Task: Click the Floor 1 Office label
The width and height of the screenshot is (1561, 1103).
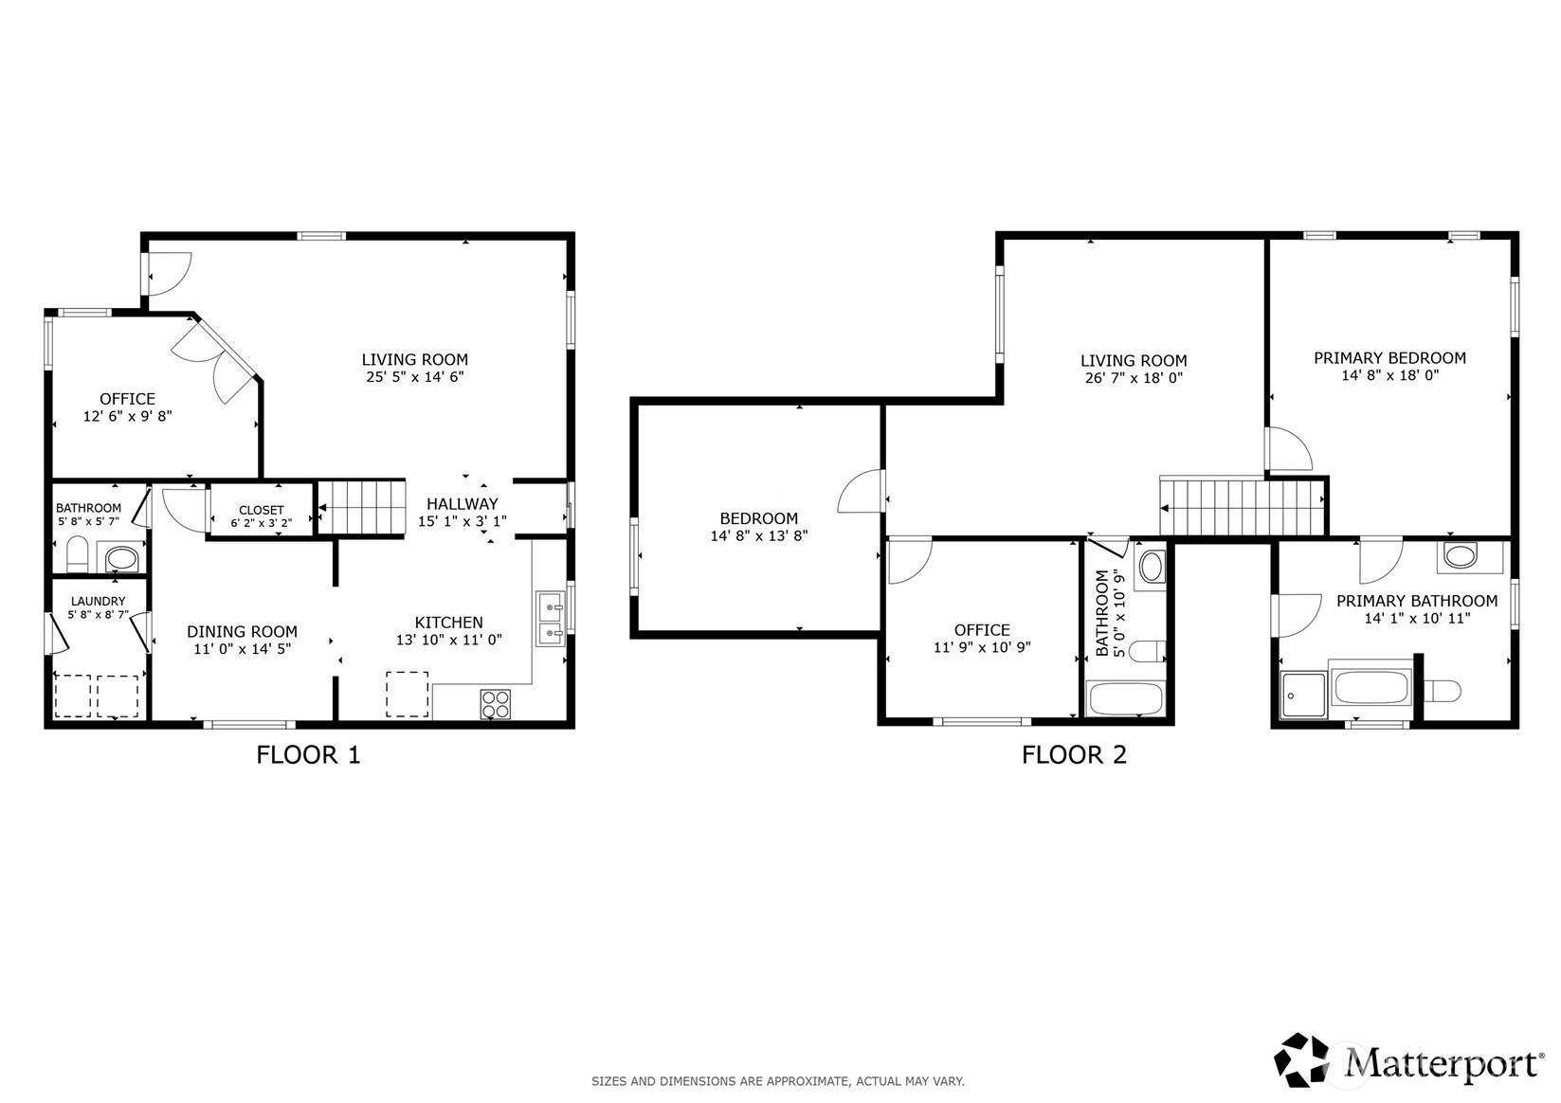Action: point(128,399)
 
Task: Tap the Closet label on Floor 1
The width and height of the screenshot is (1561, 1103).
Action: point(262,510)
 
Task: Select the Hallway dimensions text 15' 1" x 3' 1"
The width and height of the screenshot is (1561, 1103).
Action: point(462,521)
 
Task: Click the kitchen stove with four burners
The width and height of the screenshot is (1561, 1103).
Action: point(495,704)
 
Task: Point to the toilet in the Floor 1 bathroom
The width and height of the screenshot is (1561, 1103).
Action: point(77,553)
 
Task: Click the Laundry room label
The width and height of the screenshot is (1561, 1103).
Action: point(99,601)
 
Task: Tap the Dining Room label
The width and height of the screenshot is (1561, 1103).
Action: point(242,631)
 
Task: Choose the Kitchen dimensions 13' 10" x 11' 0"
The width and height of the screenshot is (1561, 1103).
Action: point(449,640)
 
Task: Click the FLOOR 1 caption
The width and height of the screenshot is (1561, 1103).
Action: point(308,754)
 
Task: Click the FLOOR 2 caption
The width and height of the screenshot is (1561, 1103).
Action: point(1074,754)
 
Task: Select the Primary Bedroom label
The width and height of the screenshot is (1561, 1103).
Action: point(1389,357)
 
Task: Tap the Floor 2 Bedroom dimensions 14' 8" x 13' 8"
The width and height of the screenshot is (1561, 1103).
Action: point(759,535)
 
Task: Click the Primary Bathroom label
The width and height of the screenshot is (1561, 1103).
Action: point(1417,601)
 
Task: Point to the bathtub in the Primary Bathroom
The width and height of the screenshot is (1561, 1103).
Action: point(1370,687)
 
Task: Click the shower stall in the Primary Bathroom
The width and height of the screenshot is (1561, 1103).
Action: point(1303,694)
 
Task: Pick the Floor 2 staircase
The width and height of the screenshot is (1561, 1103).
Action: point(1243,506)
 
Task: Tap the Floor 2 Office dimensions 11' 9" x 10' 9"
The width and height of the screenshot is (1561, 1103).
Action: point(982,647)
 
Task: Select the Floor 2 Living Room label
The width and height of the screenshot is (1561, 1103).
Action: point(1134,361)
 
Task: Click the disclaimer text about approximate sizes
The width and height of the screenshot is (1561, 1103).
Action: point(778,1081)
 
